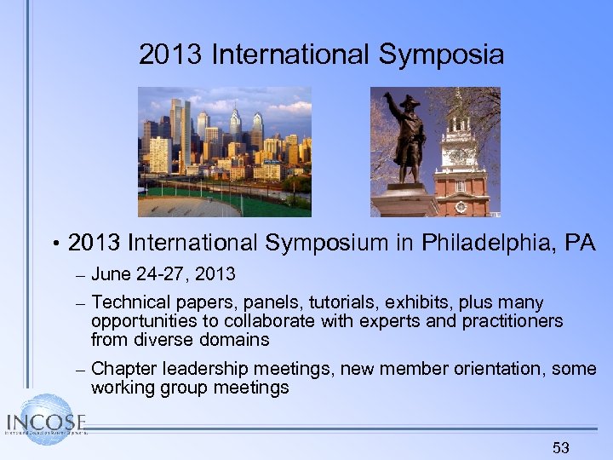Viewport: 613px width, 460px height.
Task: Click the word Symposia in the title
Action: [x=442, y=55]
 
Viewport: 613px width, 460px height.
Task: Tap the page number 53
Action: [x=560, y=448]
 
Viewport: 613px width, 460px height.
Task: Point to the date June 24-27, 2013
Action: [x=163, y=274]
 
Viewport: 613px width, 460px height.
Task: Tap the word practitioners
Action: [x=513, y=321]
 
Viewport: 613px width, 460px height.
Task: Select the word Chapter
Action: [x=120, y=369]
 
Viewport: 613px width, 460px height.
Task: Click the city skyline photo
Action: [x=225, y=152]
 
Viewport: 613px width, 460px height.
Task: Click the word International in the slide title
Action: [x=290, y=55]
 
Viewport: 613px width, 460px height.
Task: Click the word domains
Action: [x=235, y=340]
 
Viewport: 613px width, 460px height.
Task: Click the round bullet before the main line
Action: [x=54, y=245]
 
